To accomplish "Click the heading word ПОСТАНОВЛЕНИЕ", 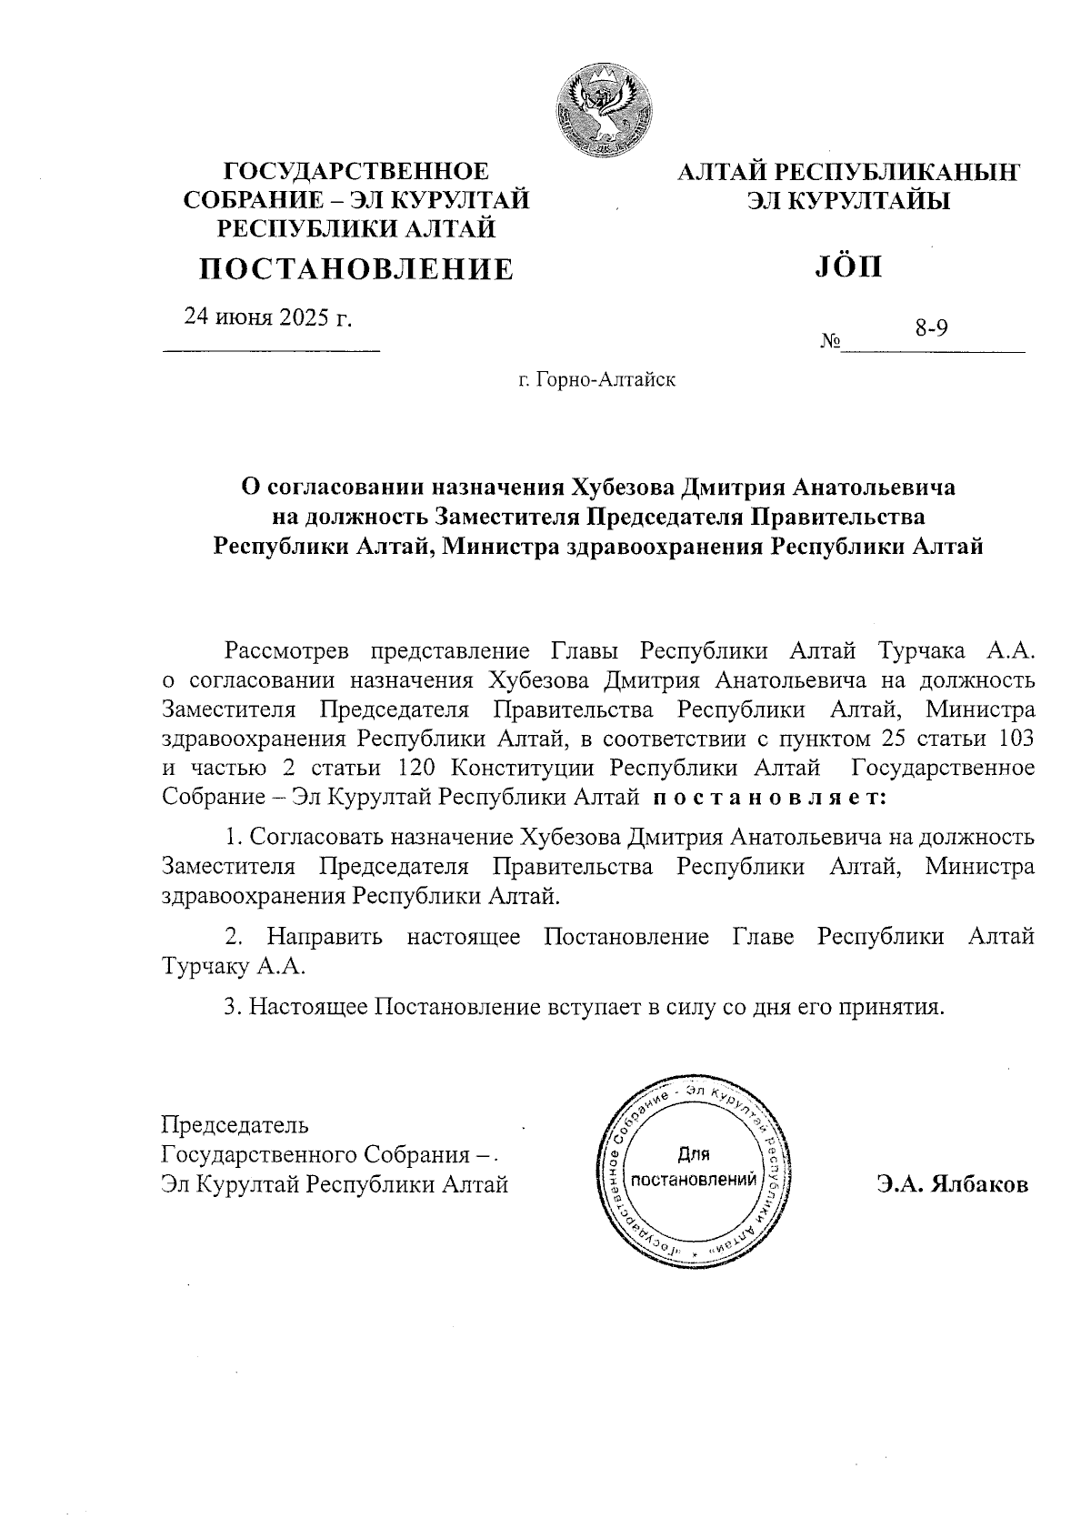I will point(356,268).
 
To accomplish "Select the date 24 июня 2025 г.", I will point(269,317).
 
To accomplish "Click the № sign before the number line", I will point(829,342).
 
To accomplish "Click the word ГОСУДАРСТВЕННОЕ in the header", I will point(356,171).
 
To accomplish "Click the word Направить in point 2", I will point(325,936).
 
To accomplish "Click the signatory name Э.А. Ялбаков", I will point(953,1185).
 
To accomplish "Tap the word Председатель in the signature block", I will point(235,1125).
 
